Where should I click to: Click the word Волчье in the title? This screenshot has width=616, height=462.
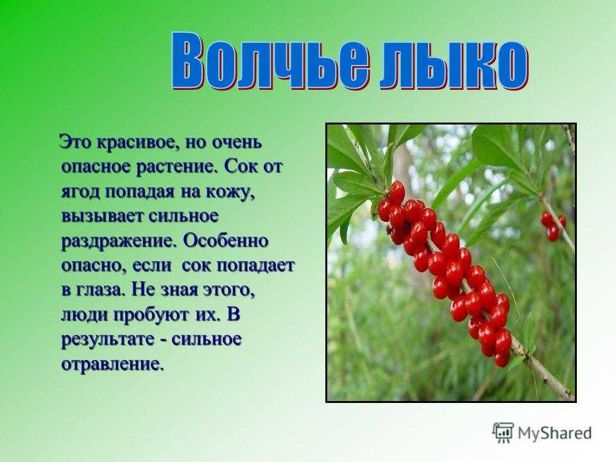[x=271, y=62]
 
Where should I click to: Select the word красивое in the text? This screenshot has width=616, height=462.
[x=135, y=142]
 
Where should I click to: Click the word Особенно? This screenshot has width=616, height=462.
[x=225, y=241]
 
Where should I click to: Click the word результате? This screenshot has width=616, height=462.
[x=107, y=340]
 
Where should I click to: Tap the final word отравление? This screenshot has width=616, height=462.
[x=112, y=364]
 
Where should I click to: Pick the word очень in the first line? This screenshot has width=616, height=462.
[x=237, y=142]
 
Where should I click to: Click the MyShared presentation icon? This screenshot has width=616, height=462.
[x=503, y=433]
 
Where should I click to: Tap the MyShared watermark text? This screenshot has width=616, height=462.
[x=554, y=433]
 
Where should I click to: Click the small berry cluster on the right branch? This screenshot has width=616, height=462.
[x=553, y=225]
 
